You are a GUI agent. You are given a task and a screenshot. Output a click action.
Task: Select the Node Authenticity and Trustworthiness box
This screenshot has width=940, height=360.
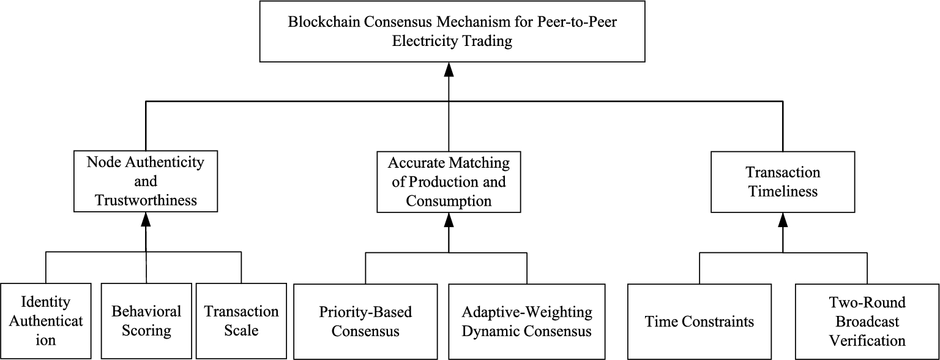(145, 181)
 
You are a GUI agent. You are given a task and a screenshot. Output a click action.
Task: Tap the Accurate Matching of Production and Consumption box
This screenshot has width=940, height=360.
(449, 182)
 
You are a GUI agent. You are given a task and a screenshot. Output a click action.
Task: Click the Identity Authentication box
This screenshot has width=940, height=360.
(45, 321)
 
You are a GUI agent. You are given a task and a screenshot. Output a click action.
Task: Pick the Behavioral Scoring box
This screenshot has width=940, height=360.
(146, 321)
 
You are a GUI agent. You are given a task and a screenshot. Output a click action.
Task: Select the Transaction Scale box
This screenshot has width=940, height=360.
(241, 321)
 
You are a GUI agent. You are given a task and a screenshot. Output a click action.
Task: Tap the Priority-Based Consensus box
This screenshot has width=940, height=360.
(365, 321)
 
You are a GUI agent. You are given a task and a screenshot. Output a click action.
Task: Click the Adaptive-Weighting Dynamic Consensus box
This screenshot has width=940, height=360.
(527, 321)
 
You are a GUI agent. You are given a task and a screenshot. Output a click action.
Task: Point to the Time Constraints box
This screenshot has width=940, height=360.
(699, 321)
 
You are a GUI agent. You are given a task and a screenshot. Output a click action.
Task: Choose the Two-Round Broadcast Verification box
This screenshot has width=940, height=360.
(867, 321)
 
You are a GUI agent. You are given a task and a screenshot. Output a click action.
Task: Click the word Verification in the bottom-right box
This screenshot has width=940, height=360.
(867, 340)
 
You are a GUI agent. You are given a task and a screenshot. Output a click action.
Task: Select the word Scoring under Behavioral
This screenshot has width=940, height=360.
(146, 331)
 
